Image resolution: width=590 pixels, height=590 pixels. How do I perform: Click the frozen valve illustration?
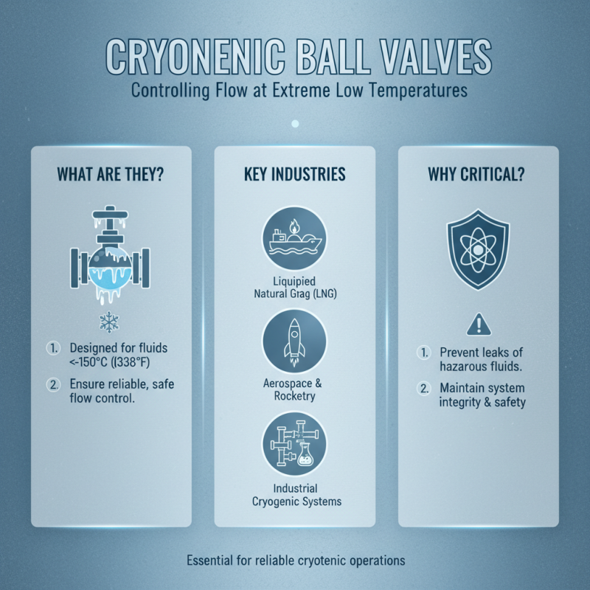point(111,254)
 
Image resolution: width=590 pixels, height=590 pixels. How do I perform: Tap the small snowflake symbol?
point(110,322)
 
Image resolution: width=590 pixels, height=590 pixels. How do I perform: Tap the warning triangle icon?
point(478,323)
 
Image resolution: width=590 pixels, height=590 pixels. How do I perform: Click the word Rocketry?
point(294,396)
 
